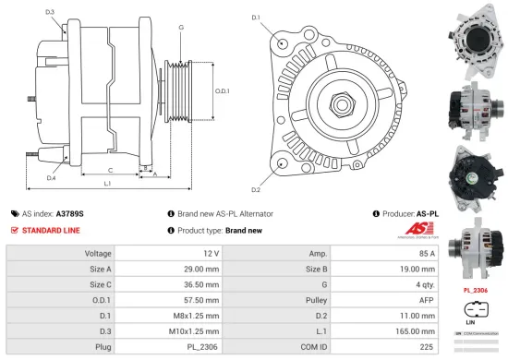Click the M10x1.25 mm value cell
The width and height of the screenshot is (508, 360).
point(187,330)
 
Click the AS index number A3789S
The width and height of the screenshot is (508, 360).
point(71,212)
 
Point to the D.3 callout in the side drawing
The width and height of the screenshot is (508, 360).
point(49,11)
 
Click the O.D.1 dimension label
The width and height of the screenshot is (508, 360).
point(222,90)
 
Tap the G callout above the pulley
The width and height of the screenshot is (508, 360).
point(181,28)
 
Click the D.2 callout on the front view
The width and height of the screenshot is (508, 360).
point(256,190)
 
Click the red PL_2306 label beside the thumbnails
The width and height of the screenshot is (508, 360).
point(476,289)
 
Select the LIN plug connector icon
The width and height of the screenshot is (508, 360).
point(476,308)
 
